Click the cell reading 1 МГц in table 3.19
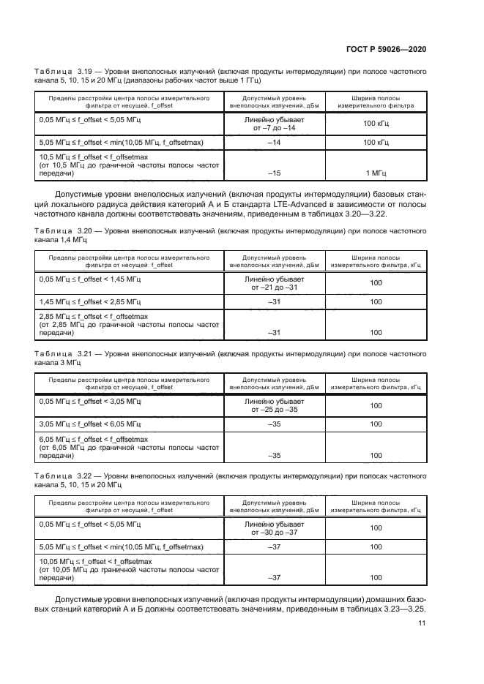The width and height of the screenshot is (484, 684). click(376, 173)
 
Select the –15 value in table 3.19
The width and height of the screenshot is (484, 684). click(275, 173)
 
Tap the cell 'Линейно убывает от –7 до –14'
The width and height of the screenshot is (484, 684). click(275, 123)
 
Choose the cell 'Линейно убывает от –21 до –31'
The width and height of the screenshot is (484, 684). click(275, 283)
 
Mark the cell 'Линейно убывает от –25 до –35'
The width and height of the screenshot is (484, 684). click(275, 405)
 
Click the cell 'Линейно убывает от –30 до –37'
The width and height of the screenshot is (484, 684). click(275, 527)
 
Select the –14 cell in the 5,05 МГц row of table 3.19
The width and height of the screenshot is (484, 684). click(275, 142)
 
